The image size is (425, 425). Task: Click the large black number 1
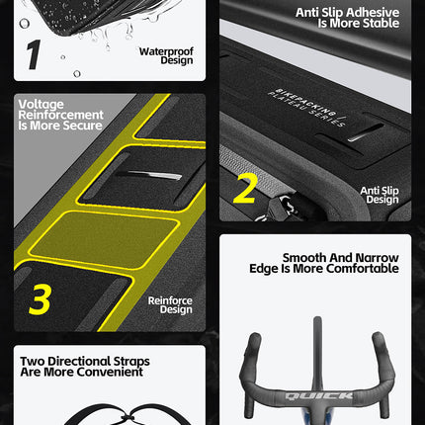(x=34, y=54)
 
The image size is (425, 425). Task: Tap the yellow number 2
(x=245, y=188)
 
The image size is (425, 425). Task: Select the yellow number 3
(x=40, y=299)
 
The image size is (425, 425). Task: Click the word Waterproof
(x=166, y=51)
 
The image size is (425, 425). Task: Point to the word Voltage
(x=42, y=104)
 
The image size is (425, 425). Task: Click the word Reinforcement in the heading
(x=61, y=115)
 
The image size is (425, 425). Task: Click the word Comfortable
(x=363, y=269)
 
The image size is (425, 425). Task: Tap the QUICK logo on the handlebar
(x=319, y=395)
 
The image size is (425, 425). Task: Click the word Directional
(x=79, y=361)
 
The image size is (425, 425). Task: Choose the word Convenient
(x=110, y=372)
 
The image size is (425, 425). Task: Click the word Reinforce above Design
(x=170, y=300)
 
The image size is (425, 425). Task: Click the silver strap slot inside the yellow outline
(x=149, y=175)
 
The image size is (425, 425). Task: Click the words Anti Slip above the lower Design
(x=380, y=191)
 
